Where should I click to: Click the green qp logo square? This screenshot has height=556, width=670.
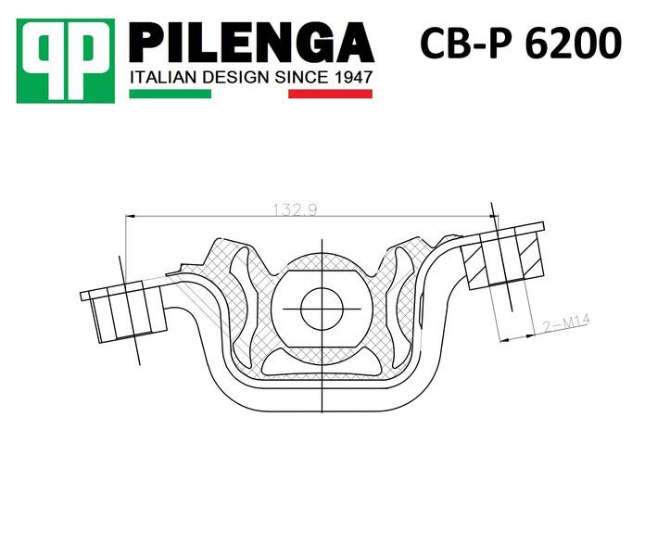point(66,60)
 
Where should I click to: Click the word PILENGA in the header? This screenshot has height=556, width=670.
point(251,44)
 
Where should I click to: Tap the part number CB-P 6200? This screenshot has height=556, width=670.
point(521,44)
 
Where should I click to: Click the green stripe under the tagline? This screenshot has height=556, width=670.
point(171,94)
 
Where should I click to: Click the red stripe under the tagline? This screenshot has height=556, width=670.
point(330,94)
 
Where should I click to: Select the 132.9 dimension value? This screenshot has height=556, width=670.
point(295,209)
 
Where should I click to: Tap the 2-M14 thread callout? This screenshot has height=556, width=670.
point(566,323)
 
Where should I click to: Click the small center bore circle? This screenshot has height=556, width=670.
point(322,309)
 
